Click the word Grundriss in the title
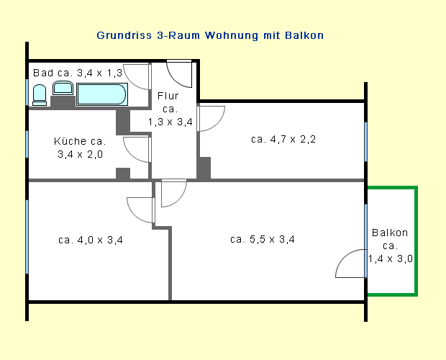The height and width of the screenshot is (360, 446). click(x=124, y=35)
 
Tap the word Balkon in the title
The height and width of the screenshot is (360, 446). click(x=304, y=35)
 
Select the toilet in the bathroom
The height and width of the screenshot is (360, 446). click(x=40, y=95)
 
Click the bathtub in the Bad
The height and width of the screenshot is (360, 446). click(x=102, y=94)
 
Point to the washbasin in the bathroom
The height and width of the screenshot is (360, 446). click(x=63, y=88)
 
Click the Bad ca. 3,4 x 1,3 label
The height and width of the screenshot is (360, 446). click(x=78, y=73)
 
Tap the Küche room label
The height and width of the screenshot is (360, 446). click(x=80, y=148)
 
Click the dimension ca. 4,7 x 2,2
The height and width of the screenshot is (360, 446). click(x=283, y=139)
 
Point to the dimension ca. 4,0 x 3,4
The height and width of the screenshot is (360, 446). click(x=91, y=240)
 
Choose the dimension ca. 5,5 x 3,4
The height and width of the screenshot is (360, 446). click(x=263, y=239)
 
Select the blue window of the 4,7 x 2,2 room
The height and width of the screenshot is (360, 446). click(x=365, y=142)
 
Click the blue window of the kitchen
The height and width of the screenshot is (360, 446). click(x=27, y=144)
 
